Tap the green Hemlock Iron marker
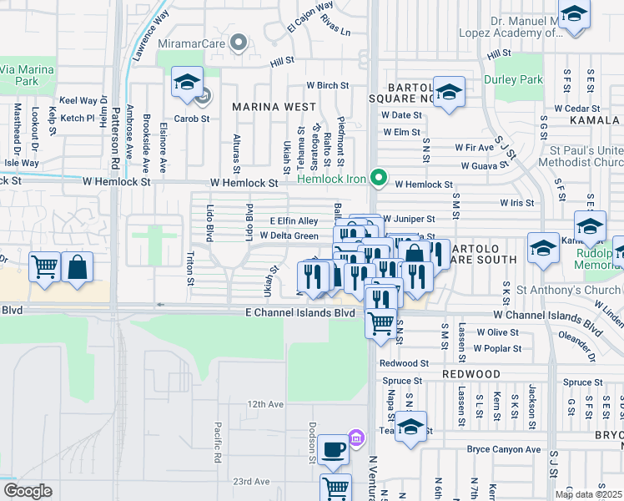[x=379, y=176]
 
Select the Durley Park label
[x=512, y=80]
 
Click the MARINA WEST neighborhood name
[x=274, y=107]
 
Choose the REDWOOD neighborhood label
[x=471, y=374]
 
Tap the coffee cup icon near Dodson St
[x=335, y=448]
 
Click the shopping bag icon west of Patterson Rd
[x=77, y=268]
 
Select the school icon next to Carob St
[x=186, y=82]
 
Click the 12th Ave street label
[x=265, y=404]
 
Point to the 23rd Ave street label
[x=251, y=482]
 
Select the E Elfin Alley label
[x=294, y=220]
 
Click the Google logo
[x=28, y=491]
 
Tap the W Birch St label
[x=327, y=85]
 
